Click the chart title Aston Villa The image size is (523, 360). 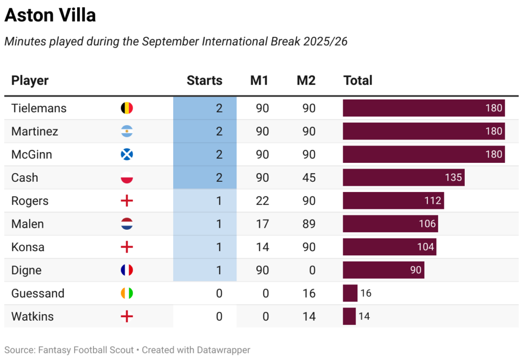pyautogui.click(x=50, y=15)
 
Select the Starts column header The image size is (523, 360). pyautogui.click(x=204, y=80)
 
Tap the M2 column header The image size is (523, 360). pyautogui.click(x=306, y=80)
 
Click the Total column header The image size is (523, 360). pyautogui.click(x=358, y=80)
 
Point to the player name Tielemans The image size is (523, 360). pyautogui.click(x=39, y=108)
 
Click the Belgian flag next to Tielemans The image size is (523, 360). pyautogui.click(x=126, y=108)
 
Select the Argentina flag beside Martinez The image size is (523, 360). pyautogui.click(x=126, y=131)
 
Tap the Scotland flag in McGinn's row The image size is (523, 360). pyautogui.click(x=126, y=154)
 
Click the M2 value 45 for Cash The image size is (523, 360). pyautogui.click(x=308, y=178)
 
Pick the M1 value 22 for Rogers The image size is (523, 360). pyautogui.click(x=262, y=201)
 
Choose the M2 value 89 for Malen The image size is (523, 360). pyautogui.click(x=308, y=224)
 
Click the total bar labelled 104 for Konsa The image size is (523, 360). pyautogui.click(x=389, y=247)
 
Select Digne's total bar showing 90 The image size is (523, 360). pyautogui.click(x=383, y=270)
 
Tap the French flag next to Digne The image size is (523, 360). pyautogui.click(x=126, y=270)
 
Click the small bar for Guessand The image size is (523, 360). pyautogui.click(x=350, y=293)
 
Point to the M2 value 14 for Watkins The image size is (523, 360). pyautogui.click(x=308, y=317)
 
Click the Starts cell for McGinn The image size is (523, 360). pyautogui.click(x=205, y=154)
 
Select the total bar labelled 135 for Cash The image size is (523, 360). pyautogui.click(x=403, y=178)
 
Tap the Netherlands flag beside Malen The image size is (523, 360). pyautogui.click(x=126, y=224)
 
